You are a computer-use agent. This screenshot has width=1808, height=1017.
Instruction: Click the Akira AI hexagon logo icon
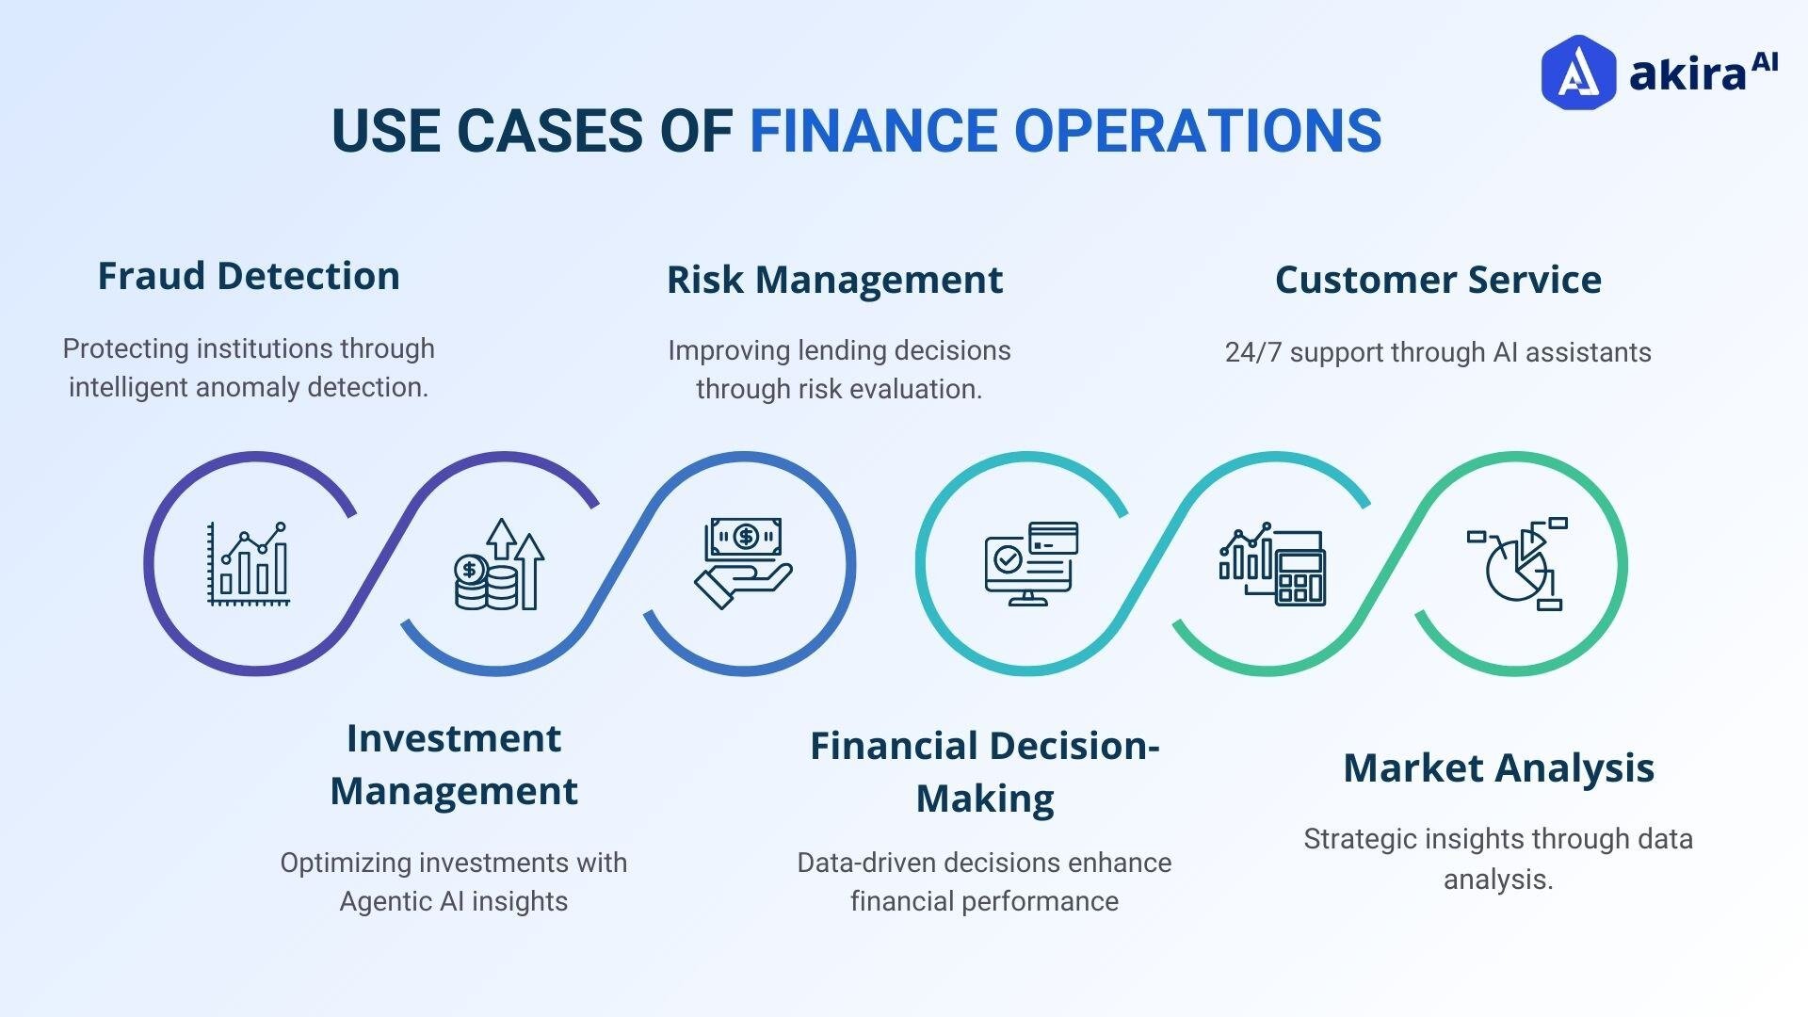(x=1577, y=73)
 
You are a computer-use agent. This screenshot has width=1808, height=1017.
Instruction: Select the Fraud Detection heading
(x=249, y=276)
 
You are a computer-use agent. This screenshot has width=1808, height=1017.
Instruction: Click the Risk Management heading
(x=834, y=280)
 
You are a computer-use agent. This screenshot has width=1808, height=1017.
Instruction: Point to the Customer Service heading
(x=1437, y=280)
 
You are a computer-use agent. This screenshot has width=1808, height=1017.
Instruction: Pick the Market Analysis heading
(x=1498, y=767)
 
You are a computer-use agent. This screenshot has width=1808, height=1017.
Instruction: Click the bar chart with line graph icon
(x=248, y=563)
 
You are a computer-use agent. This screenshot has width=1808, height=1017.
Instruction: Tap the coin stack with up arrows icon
(x=499, y=564)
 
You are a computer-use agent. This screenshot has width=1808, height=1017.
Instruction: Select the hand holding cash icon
(x=744, y=562)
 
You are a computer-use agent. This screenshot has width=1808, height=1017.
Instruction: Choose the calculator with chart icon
(x=1272, y=564)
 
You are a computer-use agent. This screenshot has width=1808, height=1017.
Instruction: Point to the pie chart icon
(x=1517, y=564)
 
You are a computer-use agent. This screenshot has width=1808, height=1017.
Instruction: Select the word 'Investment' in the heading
(x=453, y=738)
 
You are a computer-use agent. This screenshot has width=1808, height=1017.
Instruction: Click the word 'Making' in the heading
(x=984, y=799)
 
